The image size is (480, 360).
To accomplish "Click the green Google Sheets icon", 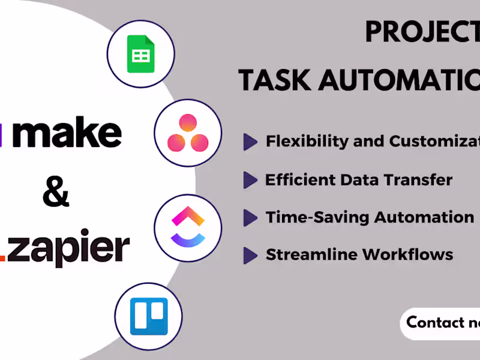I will pyautogui.click(x=140, y=54).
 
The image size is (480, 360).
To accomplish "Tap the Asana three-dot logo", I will pyautogui.click(x=188, y=133).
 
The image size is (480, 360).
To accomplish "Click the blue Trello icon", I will pyautogui.click(x=149, y=316).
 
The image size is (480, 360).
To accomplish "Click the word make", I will pyautogui.click(x=67, y=134).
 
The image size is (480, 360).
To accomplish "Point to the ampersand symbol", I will pyautogui.click(x=56, y=193).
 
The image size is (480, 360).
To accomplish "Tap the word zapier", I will pyautogui.click(x=72, y=248).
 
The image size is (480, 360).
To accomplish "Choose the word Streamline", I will pyautogui.click(x=310, y=254).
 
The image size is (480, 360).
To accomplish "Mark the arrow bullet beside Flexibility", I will pyautogui.click(x=250, y=142).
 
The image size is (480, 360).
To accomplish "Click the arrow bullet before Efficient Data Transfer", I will pyautogui.click(x=250, y=180).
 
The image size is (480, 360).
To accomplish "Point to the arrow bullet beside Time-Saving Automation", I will pyautogui.click(x=250, y=218).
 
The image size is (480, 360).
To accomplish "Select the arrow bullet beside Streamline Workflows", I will pyautogui.click(x=250, y=255).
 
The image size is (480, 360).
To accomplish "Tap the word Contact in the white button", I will pyautogui.click(x=435, y=322).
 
